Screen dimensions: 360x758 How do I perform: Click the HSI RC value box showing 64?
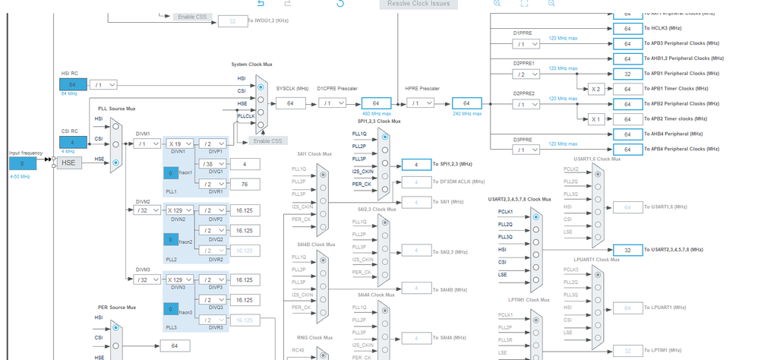(x=73, y=84)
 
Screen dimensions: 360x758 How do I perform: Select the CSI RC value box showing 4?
(x=73, y=142)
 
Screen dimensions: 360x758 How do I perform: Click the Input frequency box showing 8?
(x=23, y=163)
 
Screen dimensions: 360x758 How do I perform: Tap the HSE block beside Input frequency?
(x=68, y=163)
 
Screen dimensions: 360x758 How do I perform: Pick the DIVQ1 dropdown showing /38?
(x=212, y=164)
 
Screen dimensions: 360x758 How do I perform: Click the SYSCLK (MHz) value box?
(x=290, y=103)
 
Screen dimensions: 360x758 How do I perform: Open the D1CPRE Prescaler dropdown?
(x=332, y=103)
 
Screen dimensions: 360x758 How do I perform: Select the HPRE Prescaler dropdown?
(x=419, y=103)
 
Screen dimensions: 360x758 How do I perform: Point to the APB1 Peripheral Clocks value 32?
(x=627, y=74)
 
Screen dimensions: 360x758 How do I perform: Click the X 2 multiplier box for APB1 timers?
(x=595, y=89)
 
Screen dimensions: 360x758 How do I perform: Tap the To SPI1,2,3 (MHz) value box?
(x=416, y=164)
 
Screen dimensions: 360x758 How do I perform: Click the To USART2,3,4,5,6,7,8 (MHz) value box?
(x=627, y=249)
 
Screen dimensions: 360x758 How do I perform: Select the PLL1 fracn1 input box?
(x=172, y=173)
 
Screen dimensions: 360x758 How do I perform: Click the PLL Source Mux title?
(x=117, y=109)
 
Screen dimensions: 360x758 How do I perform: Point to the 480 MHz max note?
(x=375, y=114)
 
